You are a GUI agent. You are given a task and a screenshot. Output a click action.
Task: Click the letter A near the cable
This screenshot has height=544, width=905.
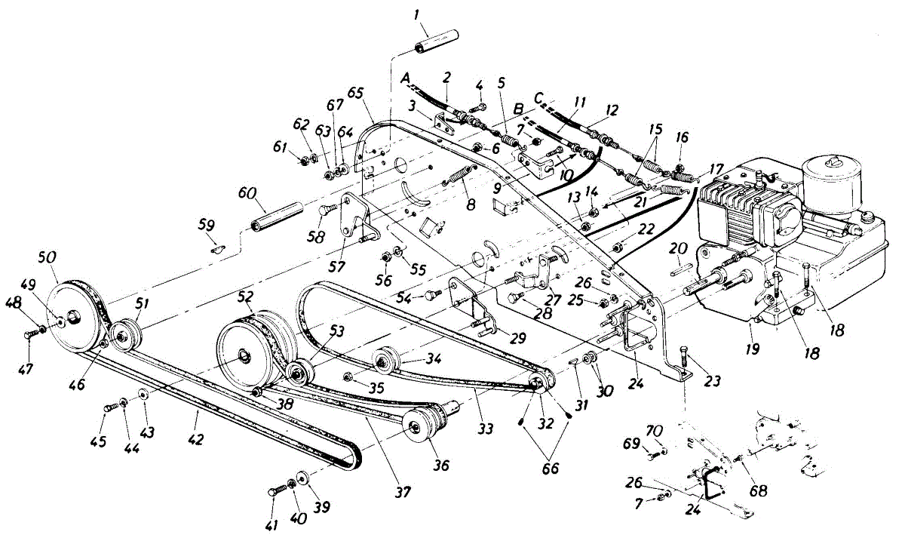[406, 78]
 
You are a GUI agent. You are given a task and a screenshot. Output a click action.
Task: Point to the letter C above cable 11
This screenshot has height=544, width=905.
[538, 98]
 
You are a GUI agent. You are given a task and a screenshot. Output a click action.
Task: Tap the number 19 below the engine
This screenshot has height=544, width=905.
[753, 349]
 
